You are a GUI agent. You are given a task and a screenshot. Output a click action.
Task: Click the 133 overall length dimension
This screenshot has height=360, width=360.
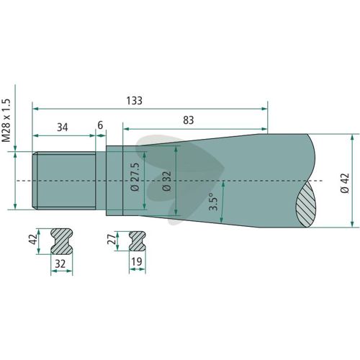point(135,101)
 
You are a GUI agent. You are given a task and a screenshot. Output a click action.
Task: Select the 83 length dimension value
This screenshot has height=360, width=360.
point(189,120)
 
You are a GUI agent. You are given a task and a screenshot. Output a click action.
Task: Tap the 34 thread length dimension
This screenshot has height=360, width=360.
point(63,127)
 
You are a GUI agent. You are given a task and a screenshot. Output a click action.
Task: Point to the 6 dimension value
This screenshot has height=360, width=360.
point(100,125)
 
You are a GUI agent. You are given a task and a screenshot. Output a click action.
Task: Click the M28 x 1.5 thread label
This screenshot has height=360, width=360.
point(6,120)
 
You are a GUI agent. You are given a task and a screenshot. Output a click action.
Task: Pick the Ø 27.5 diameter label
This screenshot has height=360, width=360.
point(135,177)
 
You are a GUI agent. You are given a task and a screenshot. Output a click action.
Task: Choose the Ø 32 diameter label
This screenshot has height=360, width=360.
point(167,181)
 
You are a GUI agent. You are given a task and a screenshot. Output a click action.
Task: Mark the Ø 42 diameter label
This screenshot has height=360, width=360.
point(345,184)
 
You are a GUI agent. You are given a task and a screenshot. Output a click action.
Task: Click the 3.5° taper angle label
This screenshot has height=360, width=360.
point(213,202)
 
